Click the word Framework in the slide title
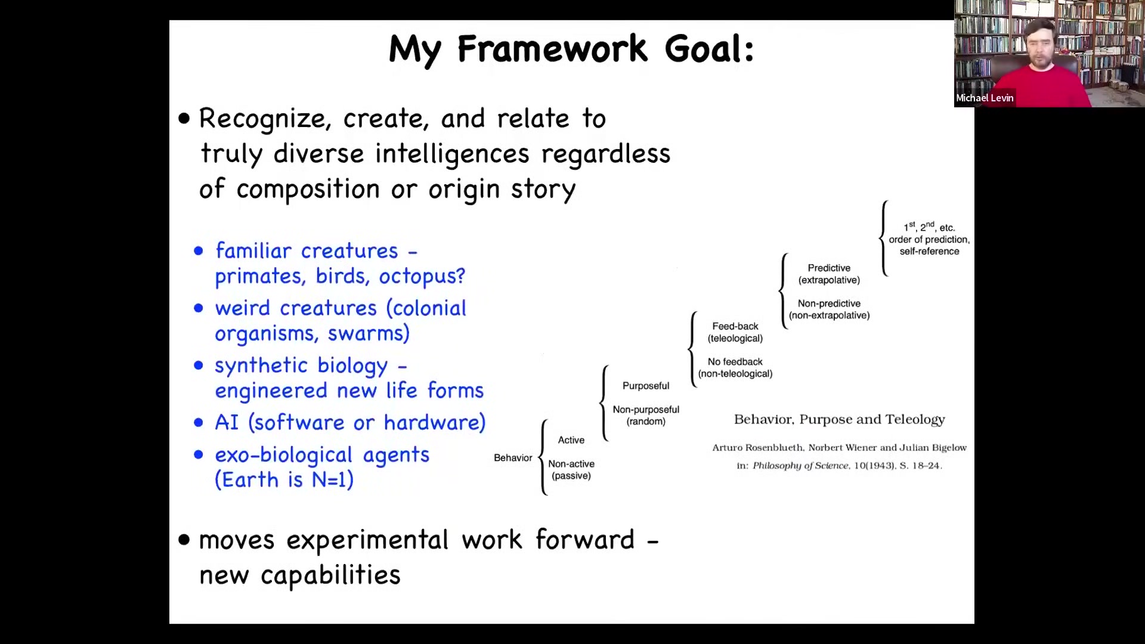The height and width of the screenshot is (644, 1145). pos(552,48)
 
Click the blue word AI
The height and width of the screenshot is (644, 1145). pos(227,422)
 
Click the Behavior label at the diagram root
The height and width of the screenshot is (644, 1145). pos(513,458)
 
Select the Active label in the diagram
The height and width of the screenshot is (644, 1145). pos(571,440)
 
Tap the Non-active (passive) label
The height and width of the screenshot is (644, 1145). pos(571,470)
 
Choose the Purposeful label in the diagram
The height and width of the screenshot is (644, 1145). pos(646,386)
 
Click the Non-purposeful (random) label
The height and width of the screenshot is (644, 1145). pos(646,416)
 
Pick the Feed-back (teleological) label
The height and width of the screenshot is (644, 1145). pos(735,332)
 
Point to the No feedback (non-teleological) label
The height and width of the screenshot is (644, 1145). pos(735,368)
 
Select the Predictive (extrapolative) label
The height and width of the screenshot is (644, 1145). pos(829,274)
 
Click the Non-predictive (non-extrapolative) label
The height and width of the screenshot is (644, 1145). pos(829,309)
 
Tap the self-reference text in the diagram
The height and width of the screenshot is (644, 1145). pos(929,252)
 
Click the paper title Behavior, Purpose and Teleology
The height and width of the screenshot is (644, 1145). pos(840,420)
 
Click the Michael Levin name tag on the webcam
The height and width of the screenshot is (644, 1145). pos(985,98)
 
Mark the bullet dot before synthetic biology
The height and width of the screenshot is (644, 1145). pos(199,366)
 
